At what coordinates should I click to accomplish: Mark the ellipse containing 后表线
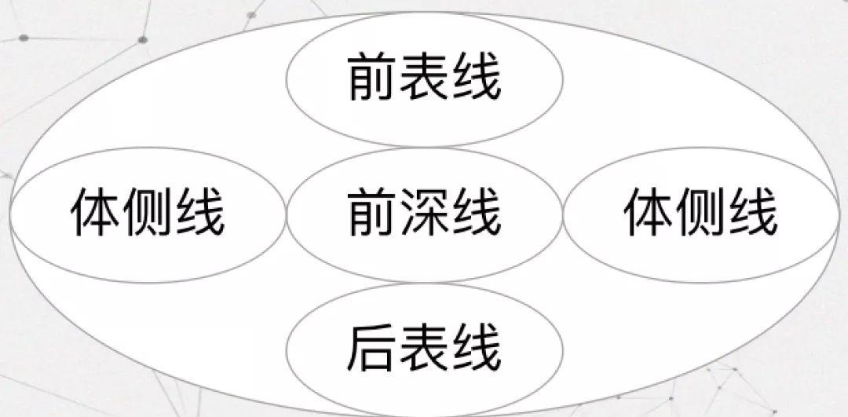[425, 310]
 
